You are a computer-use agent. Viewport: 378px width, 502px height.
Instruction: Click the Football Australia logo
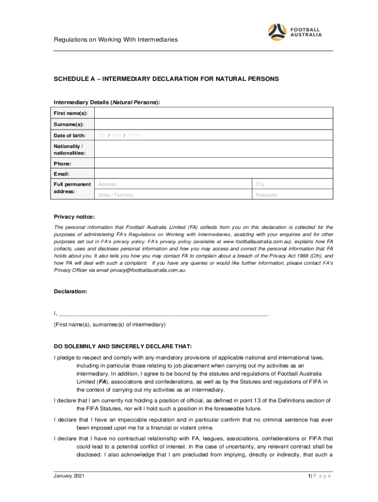point(295,32)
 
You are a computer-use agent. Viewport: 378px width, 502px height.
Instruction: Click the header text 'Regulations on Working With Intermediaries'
point(115,39)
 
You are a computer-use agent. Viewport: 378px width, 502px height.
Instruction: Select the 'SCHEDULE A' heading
point(166,78)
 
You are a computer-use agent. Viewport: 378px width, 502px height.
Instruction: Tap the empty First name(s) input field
point(213,114)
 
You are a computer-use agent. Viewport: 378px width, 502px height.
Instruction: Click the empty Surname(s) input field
point(213,125)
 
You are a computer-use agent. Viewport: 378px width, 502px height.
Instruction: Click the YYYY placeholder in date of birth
point(135,135)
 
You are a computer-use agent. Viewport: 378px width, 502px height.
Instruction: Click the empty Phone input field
point(213,163)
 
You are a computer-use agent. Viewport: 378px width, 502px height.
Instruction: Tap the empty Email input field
point(213,174)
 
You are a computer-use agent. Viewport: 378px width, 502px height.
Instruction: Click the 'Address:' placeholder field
point(172,185)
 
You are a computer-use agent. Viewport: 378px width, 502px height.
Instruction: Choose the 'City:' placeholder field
point(292,185)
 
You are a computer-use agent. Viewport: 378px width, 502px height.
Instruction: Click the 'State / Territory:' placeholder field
point(172,195)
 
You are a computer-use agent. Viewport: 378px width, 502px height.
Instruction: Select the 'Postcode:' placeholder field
point(292,195)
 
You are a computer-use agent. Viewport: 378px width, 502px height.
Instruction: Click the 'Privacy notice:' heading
point(74,217)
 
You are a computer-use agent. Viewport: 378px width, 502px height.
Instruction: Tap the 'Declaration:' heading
point(70,291)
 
